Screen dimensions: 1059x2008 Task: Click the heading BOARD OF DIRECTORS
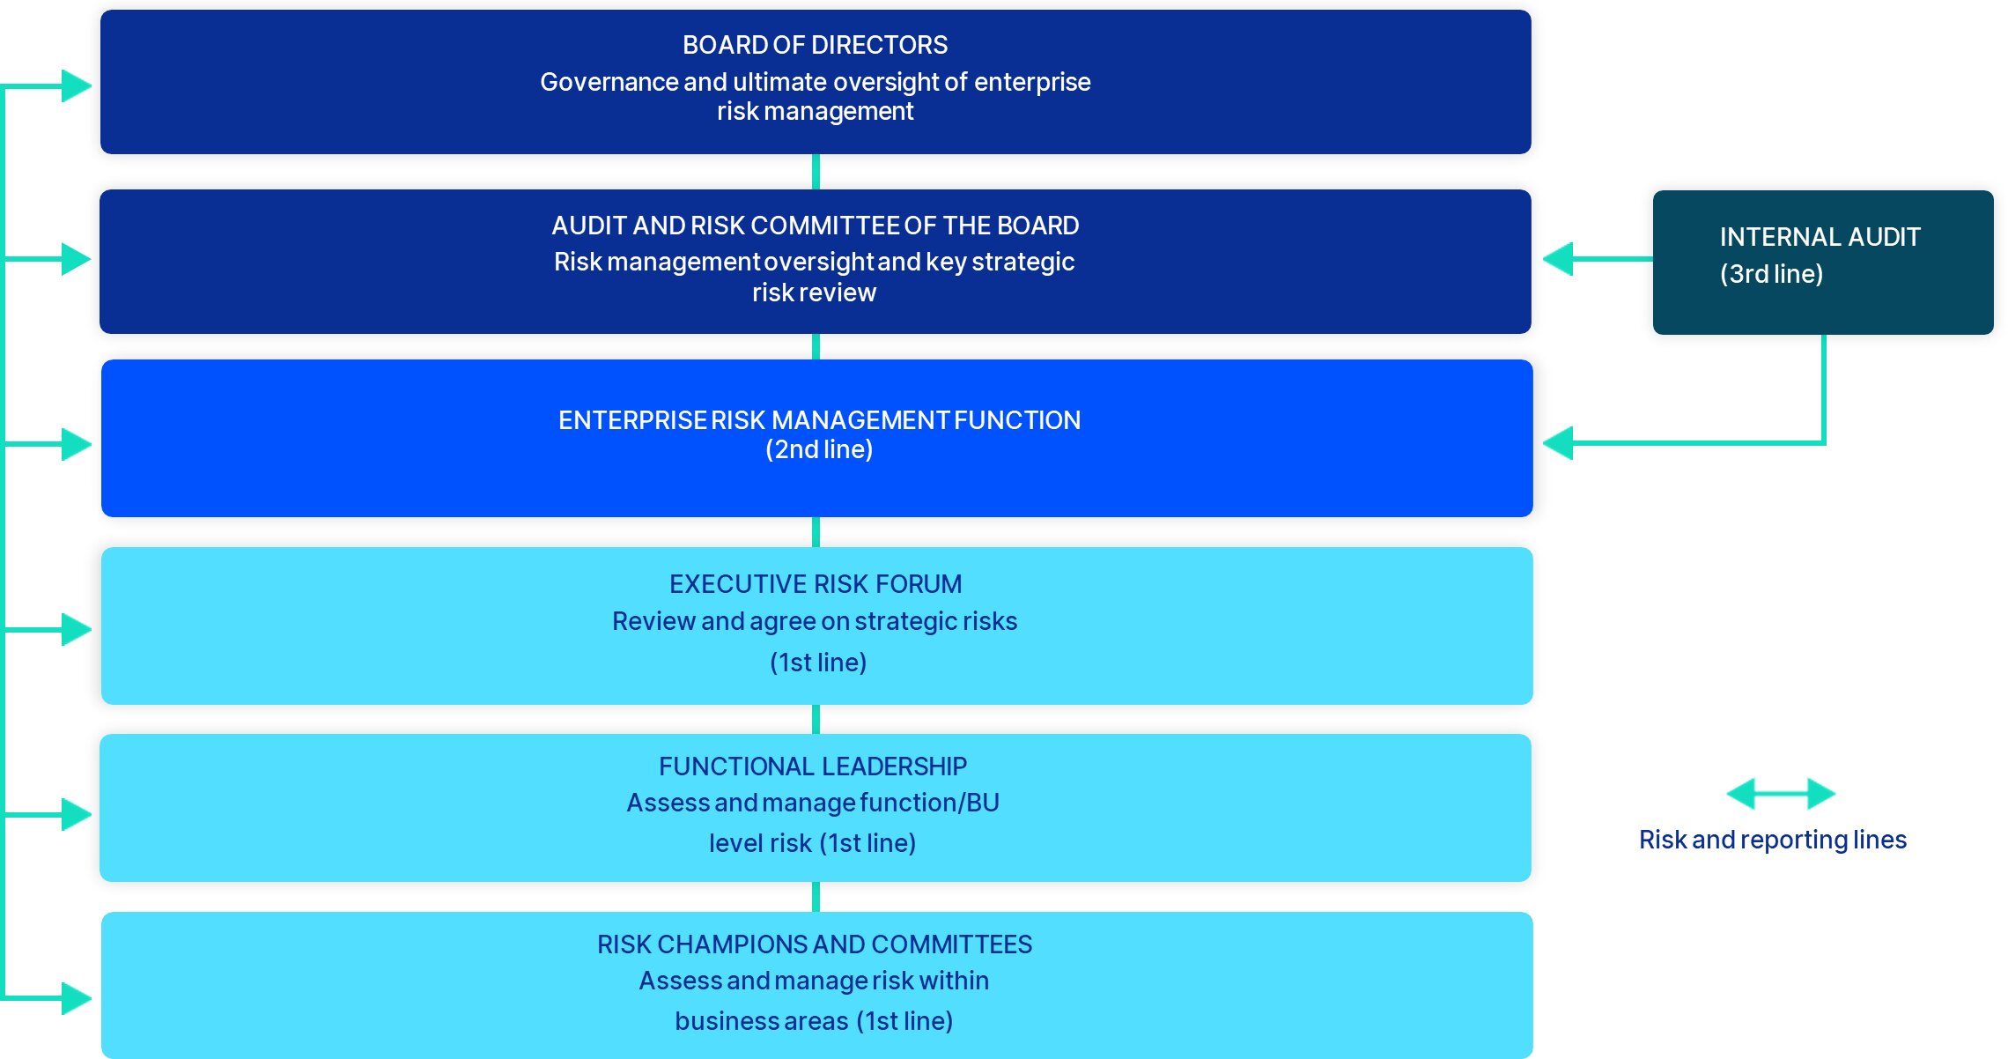[x=815, y=45]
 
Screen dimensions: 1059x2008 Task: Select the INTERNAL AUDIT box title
[x=1820, y=237]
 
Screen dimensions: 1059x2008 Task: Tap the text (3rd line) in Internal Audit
[x=1771, y=274]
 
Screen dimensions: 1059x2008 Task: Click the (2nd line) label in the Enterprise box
[x=819, y=449]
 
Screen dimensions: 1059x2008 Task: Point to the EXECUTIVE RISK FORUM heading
[x=816, y=584]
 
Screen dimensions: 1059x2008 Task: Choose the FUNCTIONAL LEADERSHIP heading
[x=813, y=766]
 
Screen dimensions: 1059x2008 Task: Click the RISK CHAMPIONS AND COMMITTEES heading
[x=815, y=944]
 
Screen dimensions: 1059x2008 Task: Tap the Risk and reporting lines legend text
[x=1772, y=840]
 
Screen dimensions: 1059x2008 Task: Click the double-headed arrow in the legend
[x=1781, y=794]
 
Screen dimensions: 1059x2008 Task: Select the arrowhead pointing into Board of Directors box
[x=77, y=86]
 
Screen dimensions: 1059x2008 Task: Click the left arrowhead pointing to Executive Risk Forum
[x=77, y=629]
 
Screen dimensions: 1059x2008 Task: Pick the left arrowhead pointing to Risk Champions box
[x=77, y=998]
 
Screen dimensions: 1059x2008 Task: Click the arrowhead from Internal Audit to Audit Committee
[x=1559, y=259]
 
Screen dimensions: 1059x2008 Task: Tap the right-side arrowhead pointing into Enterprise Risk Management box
[x=1559, y=442]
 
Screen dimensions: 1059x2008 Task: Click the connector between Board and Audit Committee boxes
[x=816, y=172]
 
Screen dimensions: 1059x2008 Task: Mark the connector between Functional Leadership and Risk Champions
[x=816, y=897]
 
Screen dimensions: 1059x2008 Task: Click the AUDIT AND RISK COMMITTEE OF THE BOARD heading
[x=815, y=226]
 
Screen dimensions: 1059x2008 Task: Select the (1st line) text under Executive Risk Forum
[x=818, y=663]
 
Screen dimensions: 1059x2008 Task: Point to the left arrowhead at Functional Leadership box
[x=77, y=814]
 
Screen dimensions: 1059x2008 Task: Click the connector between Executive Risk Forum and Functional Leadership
[x=816, y=719]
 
